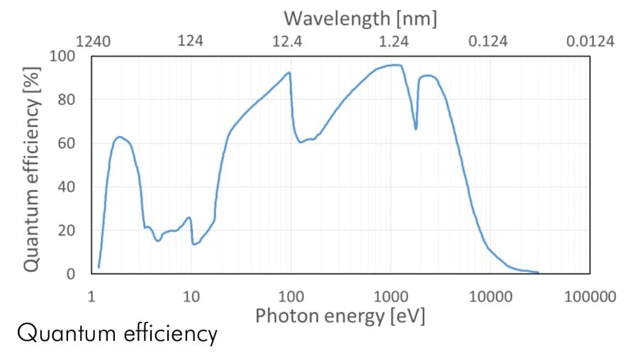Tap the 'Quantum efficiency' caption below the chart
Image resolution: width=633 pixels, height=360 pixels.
point(116,334)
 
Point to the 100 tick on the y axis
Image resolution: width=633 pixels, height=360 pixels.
point(62,55)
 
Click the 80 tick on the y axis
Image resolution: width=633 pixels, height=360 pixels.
point(67,99)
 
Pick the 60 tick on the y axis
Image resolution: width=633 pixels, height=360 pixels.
point(67,143)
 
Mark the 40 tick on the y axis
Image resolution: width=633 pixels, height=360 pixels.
point(67,187)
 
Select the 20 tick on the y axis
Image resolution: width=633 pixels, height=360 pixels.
point(67,231)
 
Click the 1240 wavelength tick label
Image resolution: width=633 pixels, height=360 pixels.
point(93,40)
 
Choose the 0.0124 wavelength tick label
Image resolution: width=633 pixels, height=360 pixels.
point(590,40)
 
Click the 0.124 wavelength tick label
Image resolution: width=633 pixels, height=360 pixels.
point(488,40)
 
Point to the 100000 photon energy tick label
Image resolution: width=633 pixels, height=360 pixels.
point(590,296)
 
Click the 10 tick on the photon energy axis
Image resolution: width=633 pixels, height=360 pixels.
point(191,296)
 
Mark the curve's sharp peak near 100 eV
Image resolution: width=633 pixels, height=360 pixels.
point(289,72)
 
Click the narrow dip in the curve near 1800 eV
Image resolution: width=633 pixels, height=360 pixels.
point(416,128)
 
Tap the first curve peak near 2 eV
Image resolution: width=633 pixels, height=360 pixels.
point(119,137)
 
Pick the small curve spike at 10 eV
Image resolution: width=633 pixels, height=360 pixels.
point(189,218)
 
